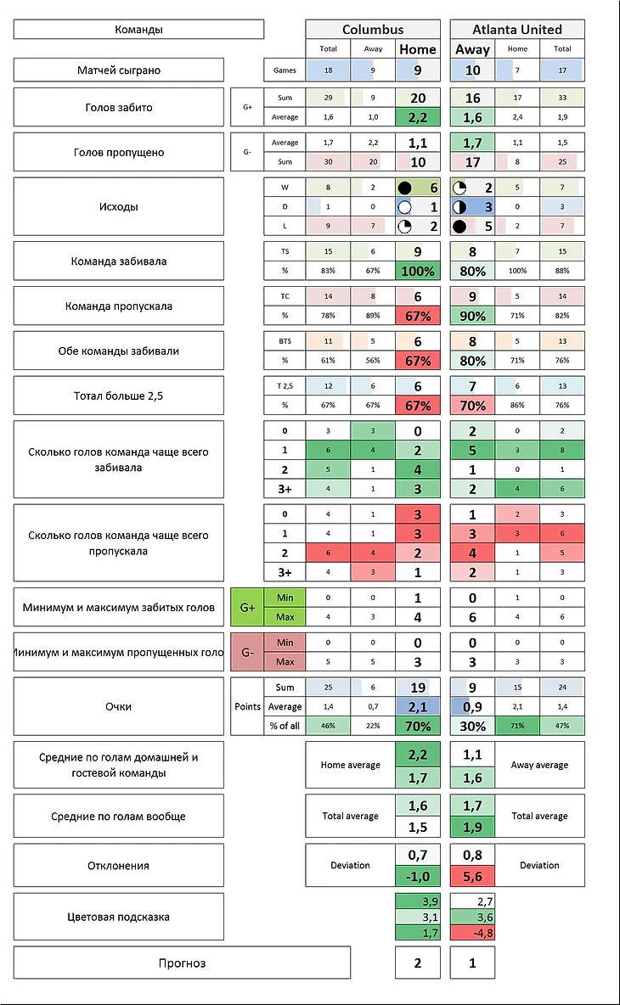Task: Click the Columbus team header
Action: pos(373,29)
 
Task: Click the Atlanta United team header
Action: pos(517,29)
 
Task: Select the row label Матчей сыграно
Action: pos(118,70)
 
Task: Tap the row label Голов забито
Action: pos(118,108)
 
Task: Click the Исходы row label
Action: pos(118,206)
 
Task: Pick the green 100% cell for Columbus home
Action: pos(418,272)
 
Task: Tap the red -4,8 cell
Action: pos(472,933)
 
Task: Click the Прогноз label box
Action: pos(182,963)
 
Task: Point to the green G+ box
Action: pos(247,608)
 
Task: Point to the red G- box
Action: pos(247,652)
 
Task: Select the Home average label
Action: pos(350,765)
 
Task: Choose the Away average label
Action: pos(539,765)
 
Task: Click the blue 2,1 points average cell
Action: pos(418,706)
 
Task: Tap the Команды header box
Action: pos(138,30)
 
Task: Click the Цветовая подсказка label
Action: pos(118,917)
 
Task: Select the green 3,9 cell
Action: pos(418,901)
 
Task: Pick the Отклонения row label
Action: pos(118,866)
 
